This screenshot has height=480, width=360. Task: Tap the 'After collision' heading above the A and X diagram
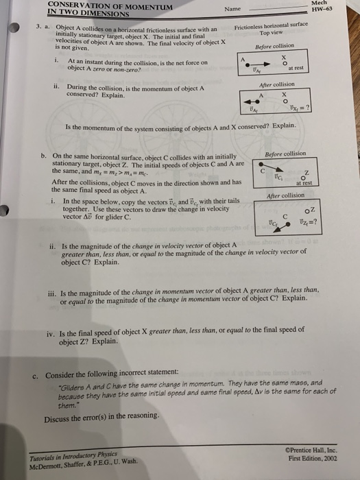coord(274,84)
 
